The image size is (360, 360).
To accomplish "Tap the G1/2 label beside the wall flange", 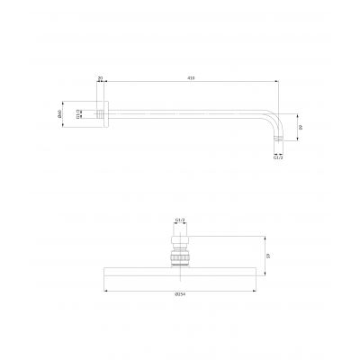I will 80,113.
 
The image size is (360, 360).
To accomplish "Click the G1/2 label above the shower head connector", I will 179,219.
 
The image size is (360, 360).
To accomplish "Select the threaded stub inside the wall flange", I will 93,114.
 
